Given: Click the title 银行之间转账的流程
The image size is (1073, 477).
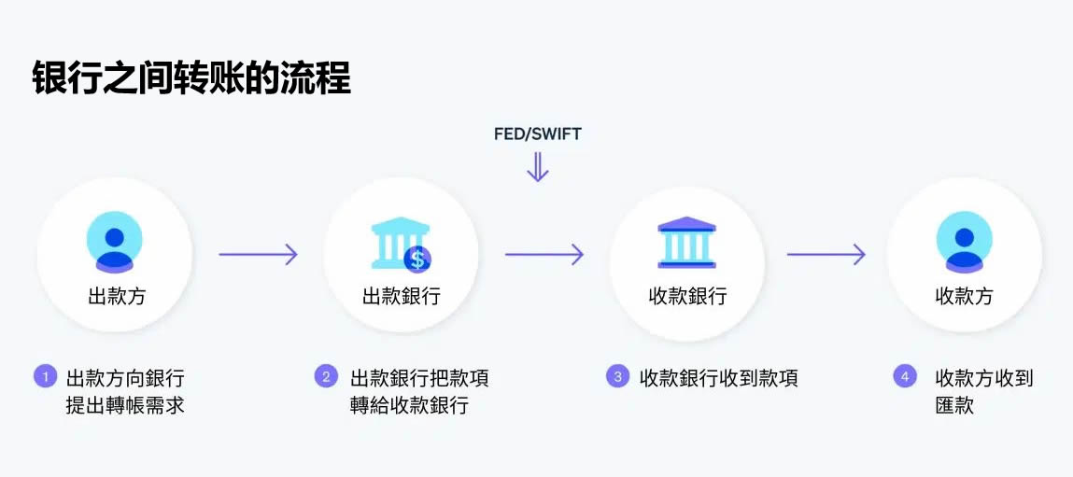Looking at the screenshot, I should (x=191, y=78).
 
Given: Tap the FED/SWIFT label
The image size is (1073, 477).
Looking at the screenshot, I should (x=537, y=133).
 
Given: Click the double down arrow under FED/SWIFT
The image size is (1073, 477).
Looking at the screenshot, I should (x=537, y=166).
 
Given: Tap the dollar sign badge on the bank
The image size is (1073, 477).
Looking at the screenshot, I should (x=417, y=258).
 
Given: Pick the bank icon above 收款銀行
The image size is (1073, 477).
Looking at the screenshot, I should (x=686, y=243).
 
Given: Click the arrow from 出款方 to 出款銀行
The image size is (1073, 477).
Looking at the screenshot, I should (x=258, y=254).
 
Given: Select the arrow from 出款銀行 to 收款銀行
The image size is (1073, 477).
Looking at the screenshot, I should (x=544, y=254).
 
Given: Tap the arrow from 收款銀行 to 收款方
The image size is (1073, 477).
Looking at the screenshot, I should (x=826, y=254).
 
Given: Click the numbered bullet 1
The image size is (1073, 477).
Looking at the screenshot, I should (x=45, y=377).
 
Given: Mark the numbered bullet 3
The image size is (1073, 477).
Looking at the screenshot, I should (x=616, y=377).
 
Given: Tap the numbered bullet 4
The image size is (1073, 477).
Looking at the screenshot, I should (x=904, y=377).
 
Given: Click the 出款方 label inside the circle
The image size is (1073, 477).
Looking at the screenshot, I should (x=117, y=297).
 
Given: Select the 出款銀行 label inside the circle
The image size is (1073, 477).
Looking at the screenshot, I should (x=402, y=297).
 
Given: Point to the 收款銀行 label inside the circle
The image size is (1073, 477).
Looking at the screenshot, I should (x=687, y=297).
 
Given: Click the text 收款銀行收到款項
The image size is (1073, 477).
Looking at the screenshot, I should (x=718, y=378).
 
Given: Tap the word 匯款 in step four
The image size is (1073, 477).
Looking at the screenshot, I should (x=954, y=406).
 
